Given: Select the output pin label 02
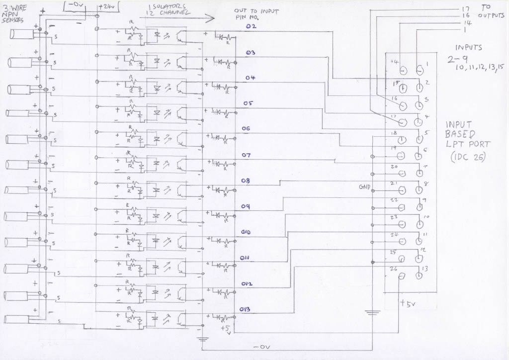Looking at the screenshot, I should coord(251,26).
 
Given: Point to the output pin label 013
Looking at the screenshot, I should coord(245,309).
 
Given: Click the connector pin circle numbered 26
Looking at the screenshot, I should coord(402,276).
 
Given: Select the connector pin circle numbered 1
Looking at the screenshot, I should coord(421,70).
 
